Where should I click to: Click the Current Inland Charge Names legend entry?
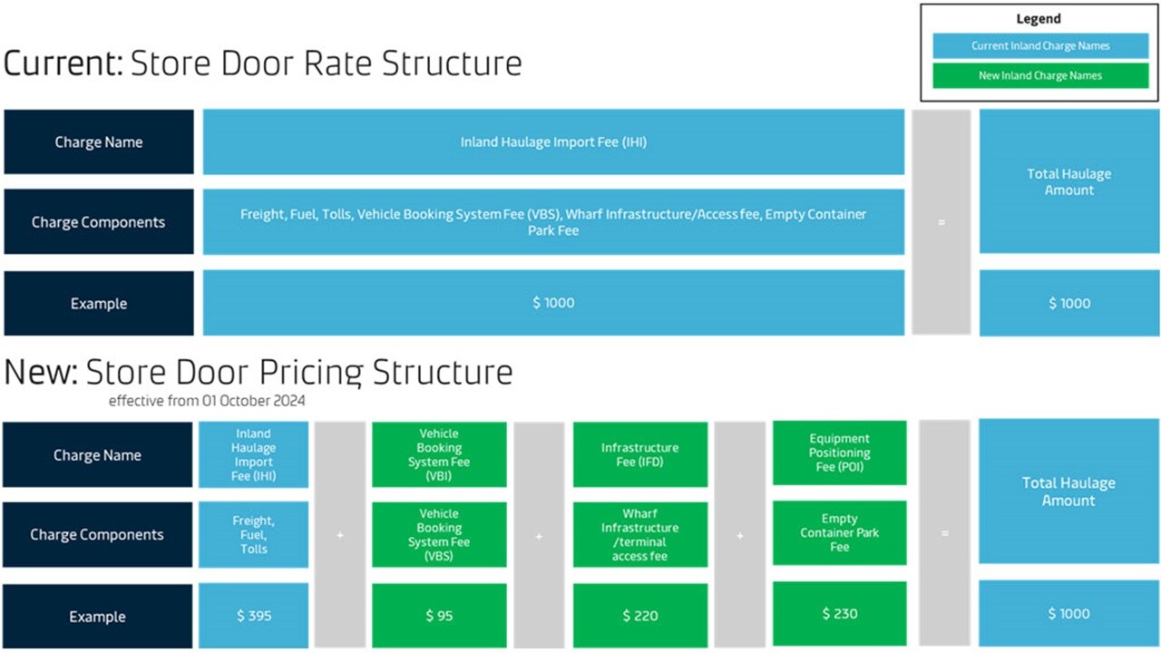click(x=1040, y=46)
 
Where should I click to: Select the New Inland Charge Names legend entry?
click(x=1040, y=75)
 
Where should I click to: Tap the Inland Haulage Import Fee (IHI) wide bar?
click(x=553, y=142)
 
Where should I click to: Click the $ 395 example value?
click(x=253, y=616)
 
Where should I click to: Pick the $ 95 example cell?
click(x=439, y=616)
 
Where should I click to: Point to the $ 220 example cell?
click(x=639, y=616)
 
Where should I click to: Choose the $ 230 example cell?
click(x=839, y=614)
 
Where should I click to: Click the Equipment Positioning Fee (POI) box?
click(x=839, y=453)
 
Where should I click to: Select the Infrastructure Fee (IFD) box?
click(x=639, y=454)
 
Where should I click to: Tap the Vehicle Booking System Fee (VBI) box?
click(x=439, y=454)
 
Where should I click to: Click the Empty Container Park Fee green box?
click(x=839, y=533)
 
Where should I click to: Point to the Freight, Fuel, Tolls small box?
click(x=253, y=535)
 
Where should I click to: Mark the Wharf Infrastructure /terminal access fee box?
click(x=639, y=535)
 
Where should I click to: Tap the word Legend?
click(x=1039, y=19)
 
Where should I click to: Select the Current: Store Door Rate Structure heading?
click(x=263, y=64)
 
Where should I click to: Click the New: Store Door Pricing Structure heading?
click(x=259, y=373)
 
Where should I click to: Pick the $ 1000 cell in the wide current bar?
click(x=553, y=303)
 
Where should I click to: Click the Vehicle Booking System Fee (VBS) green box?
click(x=439, y=535)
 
